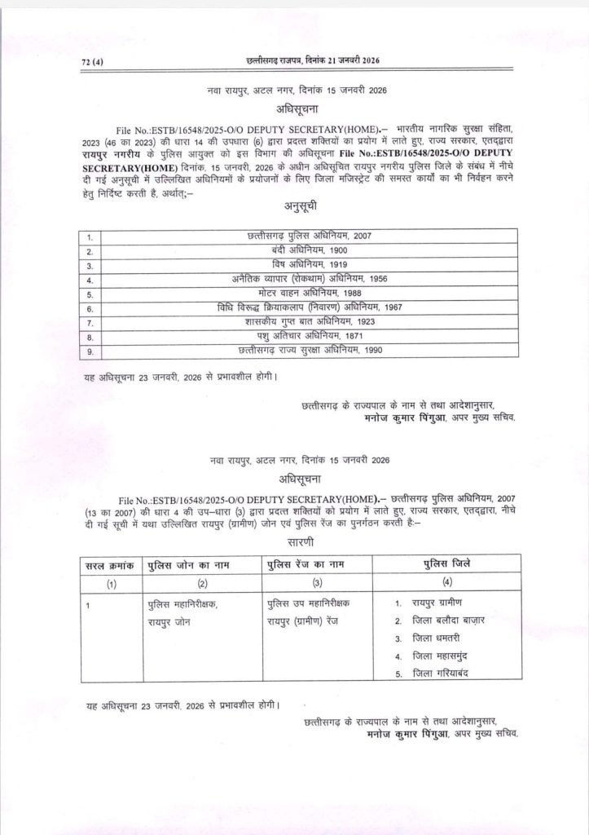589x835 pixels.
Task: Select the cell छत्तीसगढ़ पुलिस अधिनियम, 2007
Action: point(309,236)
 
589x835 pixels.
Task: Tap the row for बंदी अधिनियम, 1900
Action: point(309,251)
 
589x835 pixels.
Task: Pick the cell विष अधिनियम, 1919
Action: point(309,265)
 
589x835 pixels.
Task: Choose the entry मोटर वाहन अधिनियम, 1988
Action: point(309,294)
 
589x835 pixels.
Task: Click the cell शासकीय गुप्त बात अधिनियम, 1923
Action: point(309,321)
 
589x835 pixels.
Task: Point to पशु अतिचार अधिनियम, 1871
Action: point(309,336)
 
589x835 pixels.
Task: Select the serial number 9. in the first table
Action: point(90,351)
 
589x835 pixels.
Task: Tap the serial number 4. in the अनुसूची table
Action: point(90,280)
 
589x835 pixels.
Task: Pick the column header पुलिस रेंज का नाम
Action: point(316,565)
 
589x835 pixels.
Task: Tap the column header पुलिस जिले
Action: point(446,564)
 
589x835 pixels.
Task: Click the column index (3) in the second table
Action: point(317,583)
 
